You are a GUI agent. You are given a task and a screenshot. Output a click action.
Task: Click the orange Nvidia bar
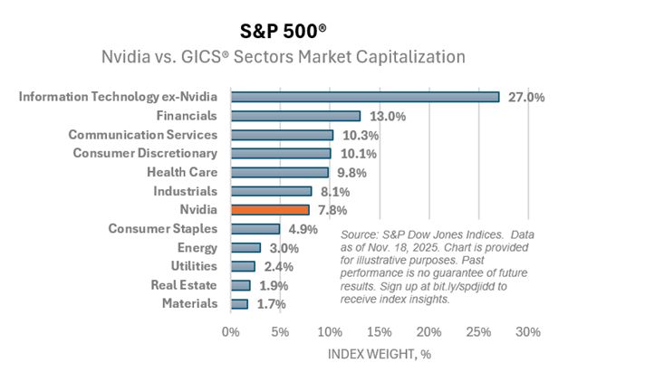(270, 210)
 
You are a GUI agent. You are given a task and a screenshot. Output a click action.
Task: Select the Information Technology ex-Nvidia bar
(365, 97)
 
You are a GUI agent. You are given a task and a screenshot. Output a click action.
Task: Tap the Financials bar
(295, 116)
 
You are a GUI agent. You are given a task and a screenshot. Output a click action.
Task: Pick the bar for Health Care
(280, 172)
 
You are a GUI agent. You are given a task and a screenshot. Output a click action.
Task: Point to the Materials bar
(239, 304)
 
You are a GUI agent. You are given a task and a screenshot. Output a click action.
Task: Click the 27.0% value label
(525, 97)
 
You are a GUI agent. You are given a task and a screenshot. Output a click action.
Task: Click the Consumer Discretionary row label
(145, 153)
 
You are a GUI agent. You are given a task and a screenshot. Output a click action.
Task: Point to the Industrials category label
(186, 191)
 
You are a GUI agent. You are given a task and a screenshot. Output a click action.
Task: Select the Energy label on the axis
(197, 247)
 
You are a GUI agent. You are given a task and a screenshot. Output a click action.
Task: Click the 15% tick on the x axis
(380, 331)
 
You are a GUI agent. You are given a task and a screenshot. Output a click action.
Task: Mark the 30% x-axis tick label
(528, 331)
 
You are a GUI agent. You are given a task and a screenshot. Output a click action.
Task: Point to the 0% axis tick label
(231, 331)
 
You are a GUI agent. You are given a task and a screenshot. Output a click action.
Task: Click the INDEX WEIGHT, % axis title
(379, 354)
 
